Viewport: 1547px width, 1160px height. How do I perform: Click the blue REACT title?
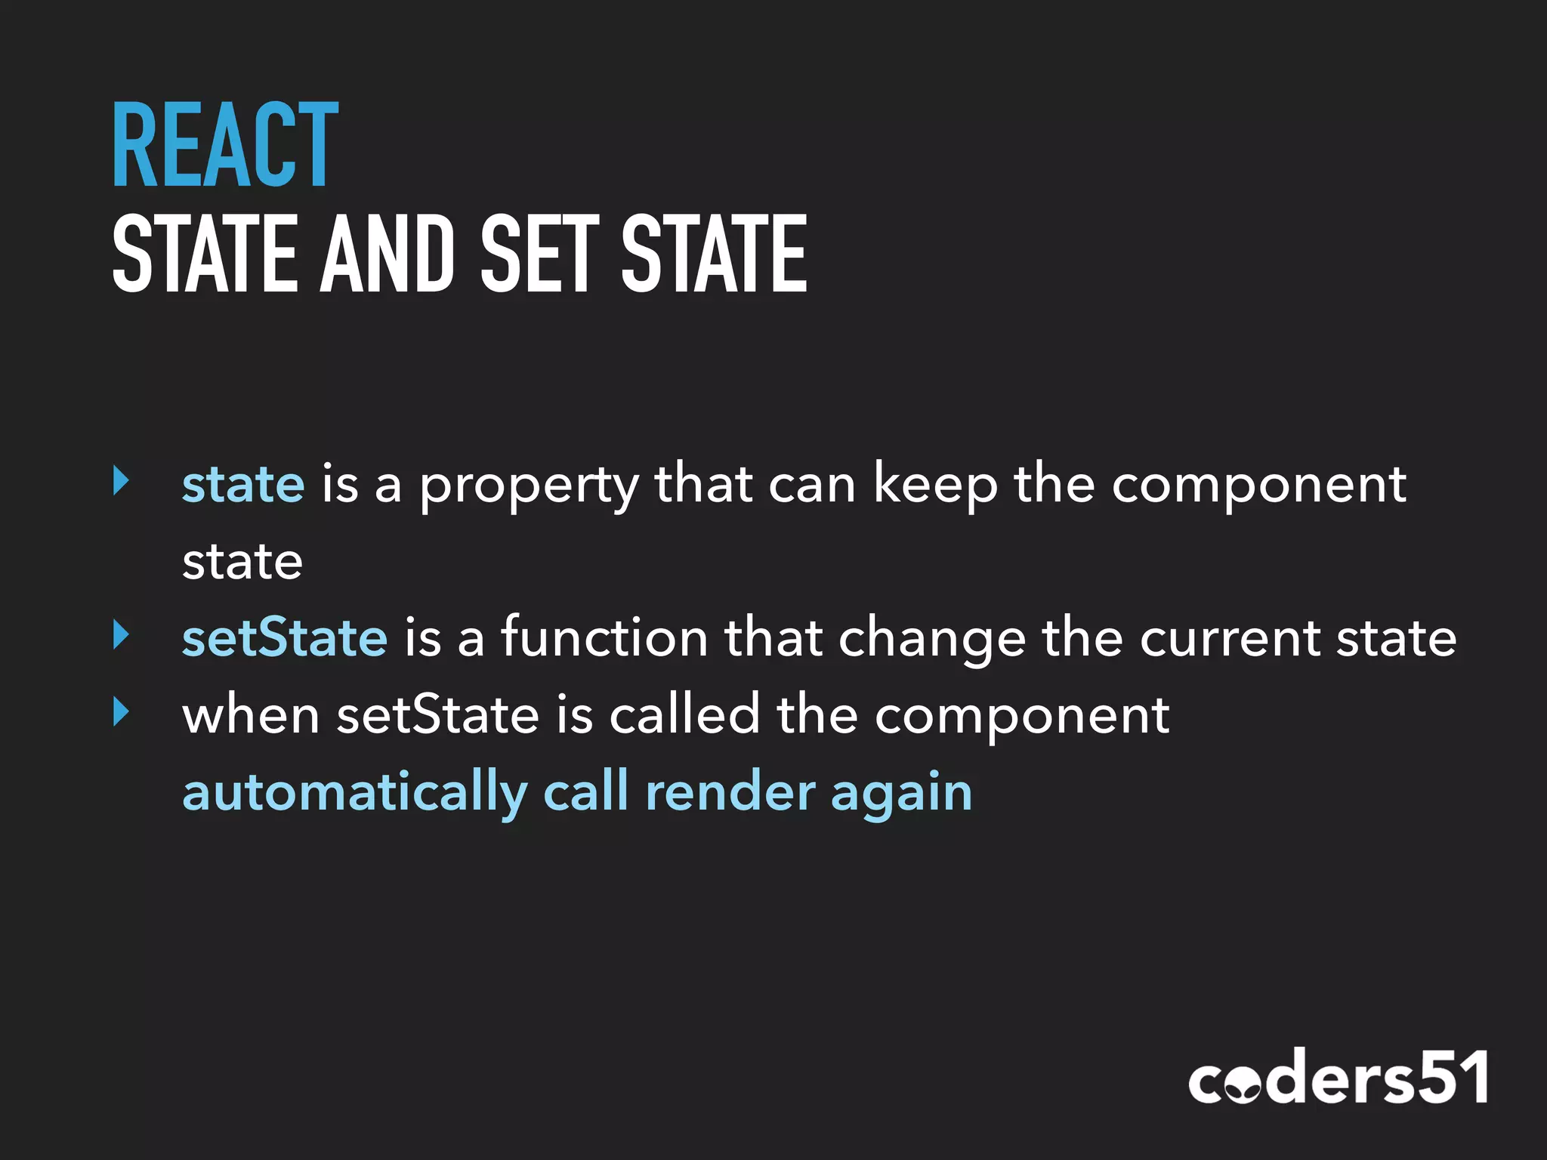click(225, 145)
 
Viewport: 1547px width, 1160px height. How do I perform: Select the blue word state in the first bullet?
click(243, 484)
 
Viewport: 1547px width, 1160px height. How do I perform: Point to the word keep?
click(935, 485)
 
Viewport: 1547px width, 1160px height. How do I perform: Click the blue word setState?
click(285, 637)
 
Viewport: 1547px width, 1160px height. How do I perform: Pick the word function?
click(604, 637)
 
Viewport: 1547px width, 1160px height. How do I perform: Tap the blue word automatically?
click(355, 793)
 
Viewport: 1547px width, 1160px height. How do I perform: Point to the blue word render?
click(730, 793)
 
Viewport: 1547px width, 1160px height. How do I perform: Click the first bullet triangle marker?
click(121, 481)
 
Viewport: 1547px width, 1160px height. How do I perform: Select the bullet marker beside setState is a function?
click(121, 634)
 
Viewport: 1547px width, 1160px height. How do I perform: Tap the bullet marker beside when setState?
click(121, 711)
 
